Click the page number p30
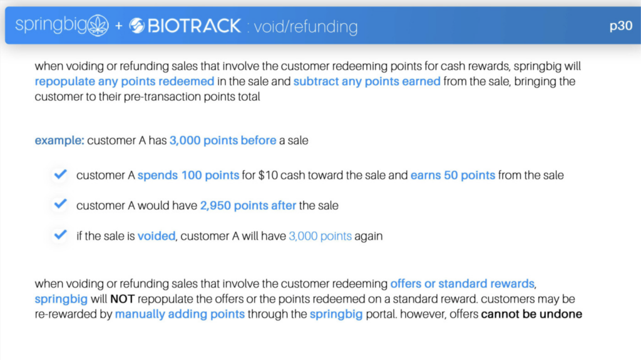[x=620, y=26]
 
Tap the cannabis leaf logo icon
[x=98, y=26]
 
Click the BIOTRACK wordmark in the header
[x=194, y=26]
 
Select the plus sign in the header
[x=118, y=26]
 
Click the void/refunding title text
[x=305, y=27]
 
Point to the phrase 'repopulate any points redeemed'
[x=125, y=81]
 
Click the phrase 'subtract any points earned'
[x=367, y=81]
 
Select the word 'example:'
[x=59, y=140]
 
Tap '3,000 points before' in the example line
[x=223, y=140]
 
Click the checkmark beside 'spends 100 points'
[x=60, y=174]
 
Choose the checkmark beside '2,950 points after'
[x=60, y=203]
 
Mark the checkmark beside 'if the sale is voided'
[x=60, y=235]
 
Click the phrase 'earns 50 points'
[x=453, y=175]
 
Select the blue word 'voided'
[x=156, y=236]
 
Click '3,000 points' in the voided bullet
[x=320, y=236]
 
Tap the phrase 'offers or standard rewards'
[x=463, y=284]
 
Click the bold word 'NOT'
[x=122, y=299]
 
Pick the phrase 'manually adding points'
[x=180, y=314]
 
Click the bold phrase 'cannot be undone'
[x=531, y=314]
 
